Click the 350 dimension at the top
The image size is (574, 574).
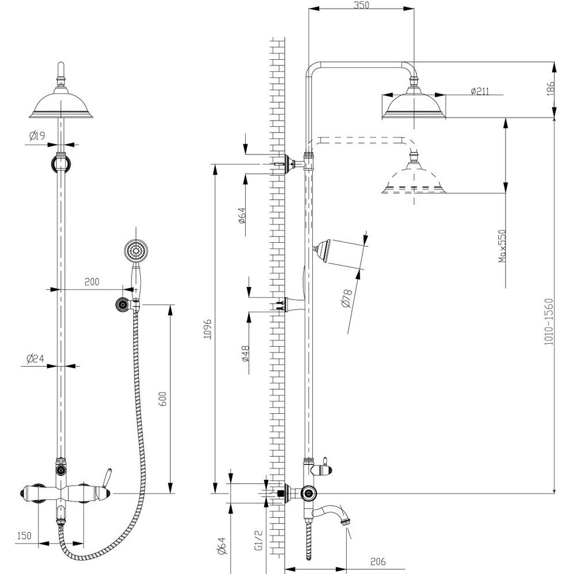tap(361, 5)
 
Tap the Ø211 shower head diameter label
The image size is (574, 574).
tap(479, 91)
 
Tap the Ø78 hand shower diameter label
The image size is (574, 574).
tap(346, 298)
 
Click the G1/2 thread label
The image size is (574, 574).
tap(259, 540)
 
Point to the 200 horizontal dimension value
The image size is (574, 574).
tap(92, 282)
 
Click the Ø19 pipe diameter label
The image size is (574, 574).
tap(37, 136)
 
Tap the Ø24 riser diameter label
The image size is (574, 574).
tap(36, 359)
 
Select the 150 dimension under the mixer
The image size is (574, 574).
tap(24, 536)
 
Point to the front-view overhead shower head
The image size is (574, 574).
tap(61, 104)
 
